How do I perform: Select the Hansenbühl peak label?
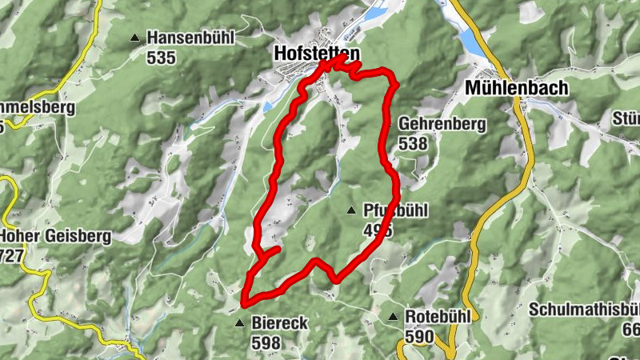(x=191, y=38)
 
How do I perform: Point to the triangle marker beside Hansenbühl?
(x=134, y=38)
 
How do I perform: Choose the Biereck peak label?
(x=280, y=323)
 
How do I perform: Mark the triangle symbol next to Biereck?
(x=239, y=323)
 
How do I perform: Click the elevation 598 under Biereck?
(x=266, y=342)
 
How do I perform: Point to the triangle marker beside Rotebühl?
(x=393, y=318)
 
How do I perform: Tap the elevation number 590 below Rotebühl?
(x=419, y=336)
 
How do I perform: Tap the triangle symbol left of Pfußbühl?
(x=350, y=210)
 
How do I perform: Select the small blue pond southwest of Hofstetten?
(x=268, y=107)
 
